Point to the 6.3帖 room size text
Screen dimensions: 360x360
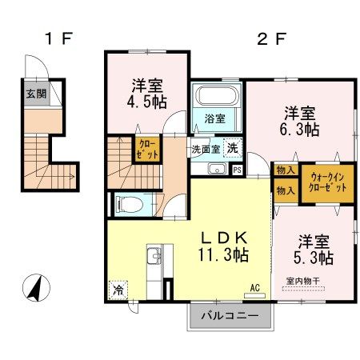pyautogui.click(x=300, y=129)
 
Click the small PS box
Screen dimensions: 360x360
pyautogui.click(x=237, y=169)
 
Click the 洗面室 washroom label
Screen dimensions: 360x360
pyautogui.click(x=205, y=150)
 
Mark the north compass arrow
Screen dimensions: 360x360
pyautogui.click(x=36, y=286)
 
